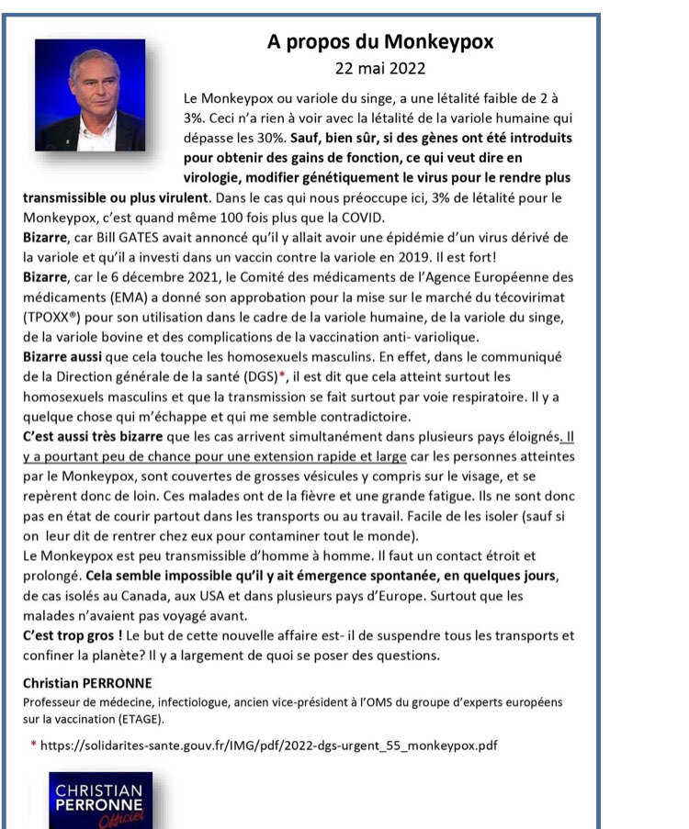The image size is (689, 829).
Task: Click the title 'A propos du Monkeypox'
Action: coord(380,41)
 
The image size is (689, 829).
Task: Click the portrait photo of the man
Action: coord(91,95)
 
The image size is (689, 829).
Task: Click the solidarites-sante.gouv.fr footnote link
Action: coord(271,745)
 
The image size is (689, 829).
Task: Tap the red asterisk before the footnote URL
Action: coord(33,745)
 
